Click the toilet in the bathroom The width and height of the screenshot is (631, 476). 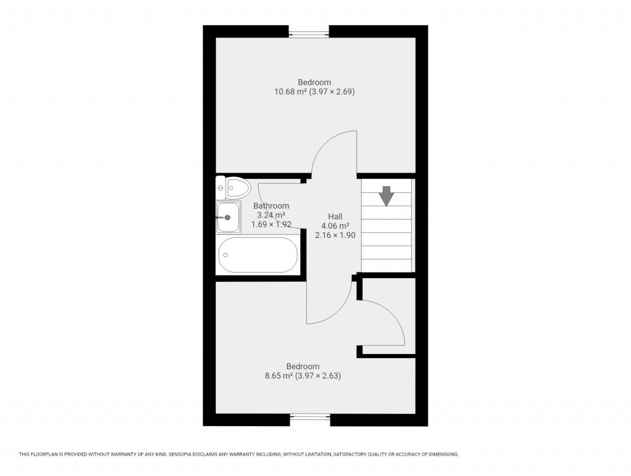(237, 187)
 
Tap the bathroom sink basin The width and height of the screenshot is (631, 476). (227, 218)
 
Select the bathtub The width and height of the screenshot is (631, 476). (258, 255)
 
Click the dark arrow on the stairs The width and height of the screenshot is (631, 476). (386, 196)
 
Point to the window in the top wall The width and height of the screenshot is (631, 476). (309, 33)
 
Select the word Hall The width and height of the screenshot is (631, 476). (335, 216)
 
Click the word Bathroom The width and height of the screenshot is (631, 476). (271, 206)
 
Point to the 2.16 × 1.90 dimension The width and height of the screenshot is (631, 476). (335, 235)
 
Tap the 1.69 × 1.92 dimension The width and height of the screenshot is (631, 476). (271, 224)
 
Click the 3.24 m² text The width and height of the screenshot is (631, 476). (271, 215)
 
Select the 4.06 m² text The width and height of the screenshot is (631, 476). (335, 226)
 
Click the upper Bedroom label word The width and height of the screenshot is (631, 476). (314, 83)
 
